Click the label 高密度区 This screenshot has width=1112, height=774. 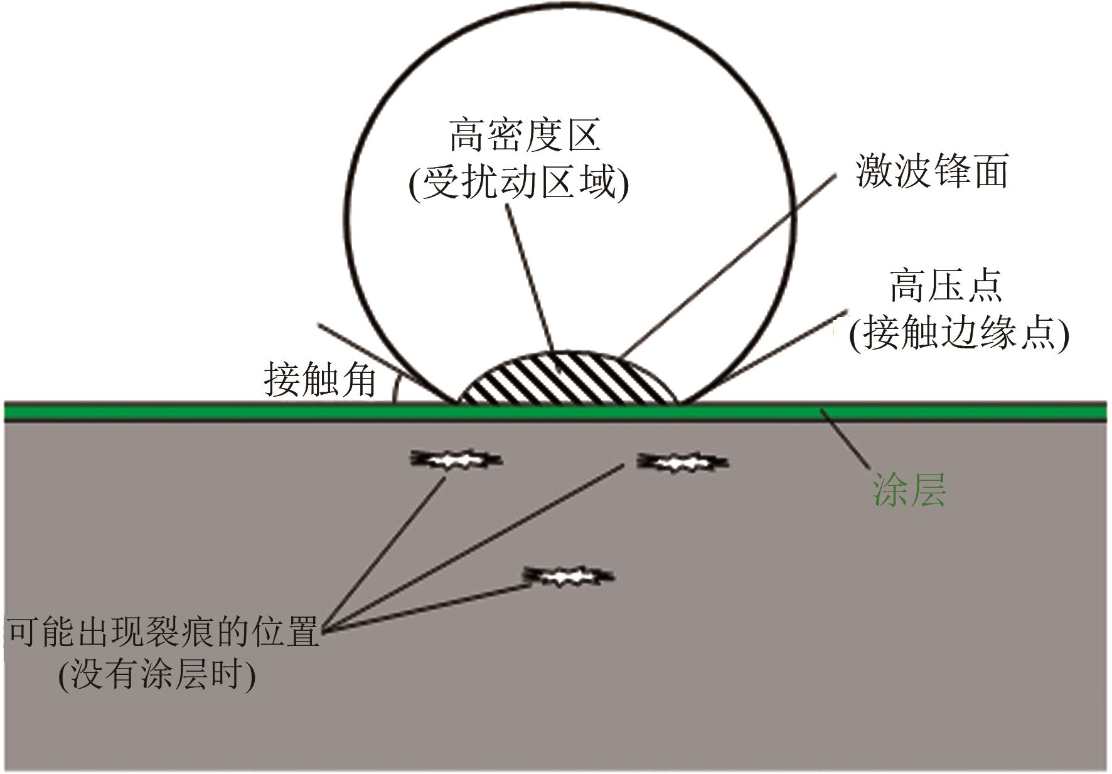(x=525, y=136)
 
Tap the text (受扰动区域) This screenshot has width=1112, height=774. (x=518, y=184)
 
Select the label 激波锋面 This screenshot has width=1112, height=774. (x=931, y=171)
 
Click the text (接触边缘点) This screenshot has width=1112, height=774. (x=958, y=333)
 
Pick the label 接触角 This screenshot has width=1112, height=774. (x=319, y=380)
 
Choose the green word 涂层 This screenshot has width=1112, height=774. (x=909, y=490)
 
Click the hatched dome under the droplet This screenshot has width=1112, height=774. (x=568, y=380)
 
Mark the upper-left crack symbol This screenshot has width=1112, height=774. (x=456, y=460)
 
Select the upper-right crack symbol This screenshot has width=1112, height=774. (x=683, y=463)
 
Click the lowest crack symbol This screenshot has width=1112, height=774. (x=569, y=575)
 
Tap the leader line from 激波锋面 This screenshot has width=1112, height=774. (x=728, y=264)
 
